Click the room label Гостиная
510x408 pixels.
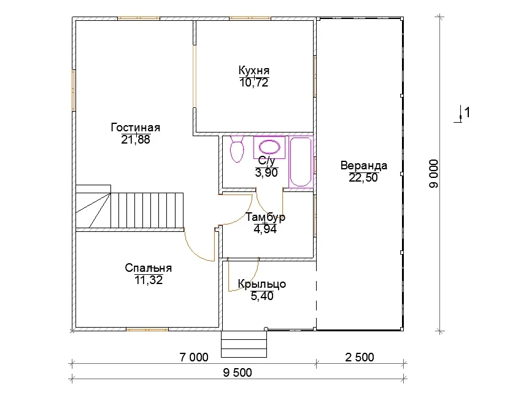click(136, 128)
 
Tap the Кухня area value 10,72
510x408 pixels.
click(254, 83)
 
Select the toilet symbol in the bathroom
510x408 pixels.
click(237, 149)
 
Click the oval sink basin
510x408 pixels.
click(269, 147)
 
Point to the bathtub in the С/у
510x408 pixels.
click(301, 162)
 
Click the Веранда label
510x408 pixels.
click(364, 166)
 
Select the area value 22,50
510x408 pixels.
click(363, 178)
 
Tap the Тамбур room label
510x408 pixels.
click(265, 217)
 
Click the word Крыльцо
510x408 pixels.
click(262, 284)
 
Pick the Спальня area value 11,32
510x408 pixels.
click(149, 280)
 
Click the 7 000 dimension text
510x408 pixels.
click(194, 357)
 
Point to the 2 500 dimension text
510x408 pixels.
click(360, 357)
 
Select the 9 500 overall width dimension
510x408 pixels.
click(238, 372)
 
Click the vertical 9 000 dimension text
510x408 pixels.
click(434, 174)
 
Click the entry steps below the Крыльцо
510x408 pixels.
click(244, 344)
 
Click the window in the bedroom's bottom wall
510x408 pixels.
click(147, 329)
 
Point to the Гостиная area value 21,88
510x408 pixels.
click(136, 140)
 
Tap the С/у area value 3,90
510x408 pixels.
click(266, 173)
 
